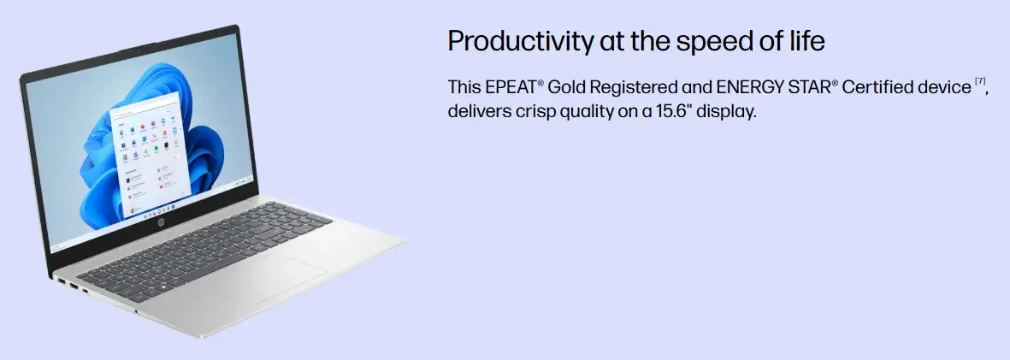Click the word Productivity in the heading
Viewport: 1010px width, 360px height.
coord(521,42)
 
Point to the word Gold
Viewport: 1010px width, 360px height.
coord(567,87)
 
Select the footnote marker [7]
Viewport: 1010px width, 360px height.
coord(980,82)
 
